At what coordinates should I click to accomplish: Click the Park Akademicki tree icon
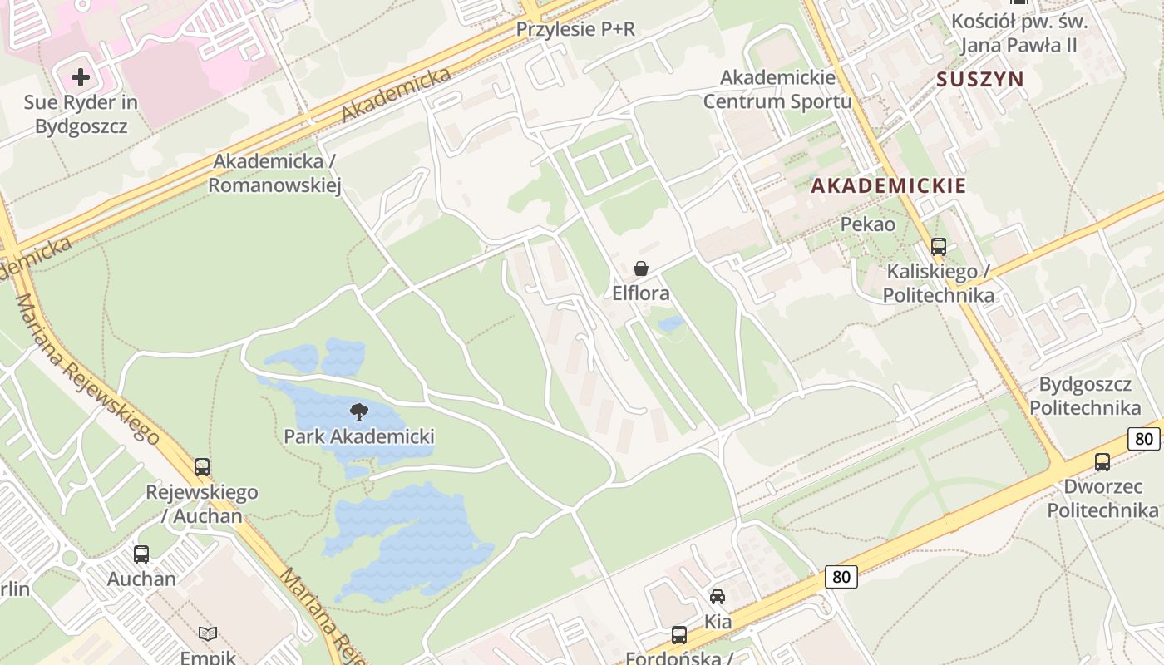(359, 411)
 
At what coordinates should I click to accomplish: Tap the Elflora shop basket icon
(641, 268)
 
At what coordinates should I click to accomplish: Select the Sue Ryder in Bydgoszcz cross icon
(81, 78)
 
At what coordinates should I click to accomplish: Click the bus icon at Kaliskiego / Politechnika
(939, 247)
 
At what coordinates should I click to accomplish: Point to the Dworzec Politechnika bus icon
(1102, 462)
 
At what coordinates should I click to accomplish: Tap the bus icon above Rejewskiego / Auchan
(202, 467)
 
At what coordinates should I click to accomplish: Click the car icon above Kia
(718, 597)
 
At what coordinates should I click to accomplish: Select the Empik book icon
(208, 634)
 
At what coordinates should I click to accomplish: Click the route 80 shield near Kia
(842, 576)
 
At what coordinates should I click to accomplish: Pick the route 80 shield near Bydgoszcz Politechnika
(1145, 438)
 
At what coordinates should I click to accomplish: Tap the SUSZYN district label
(979, 80)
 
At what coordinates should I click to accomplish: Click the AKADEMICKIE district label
(889, 185)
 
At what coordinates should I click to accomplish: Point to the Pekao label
(868, 224)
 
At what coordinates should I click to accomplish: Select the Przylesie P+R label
(575, 30)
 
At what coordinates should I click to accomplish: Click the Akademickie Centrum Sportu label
(777, 90)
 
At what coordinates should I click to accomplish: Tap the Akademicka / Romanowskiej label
(274, 173)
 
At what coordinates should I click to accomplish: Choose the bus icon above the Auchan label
(141, 554)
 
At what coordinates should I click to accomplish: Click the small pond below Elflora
(670, 323)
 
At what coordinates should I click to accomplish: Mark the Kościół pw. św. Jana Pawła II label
(1018, 33)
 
